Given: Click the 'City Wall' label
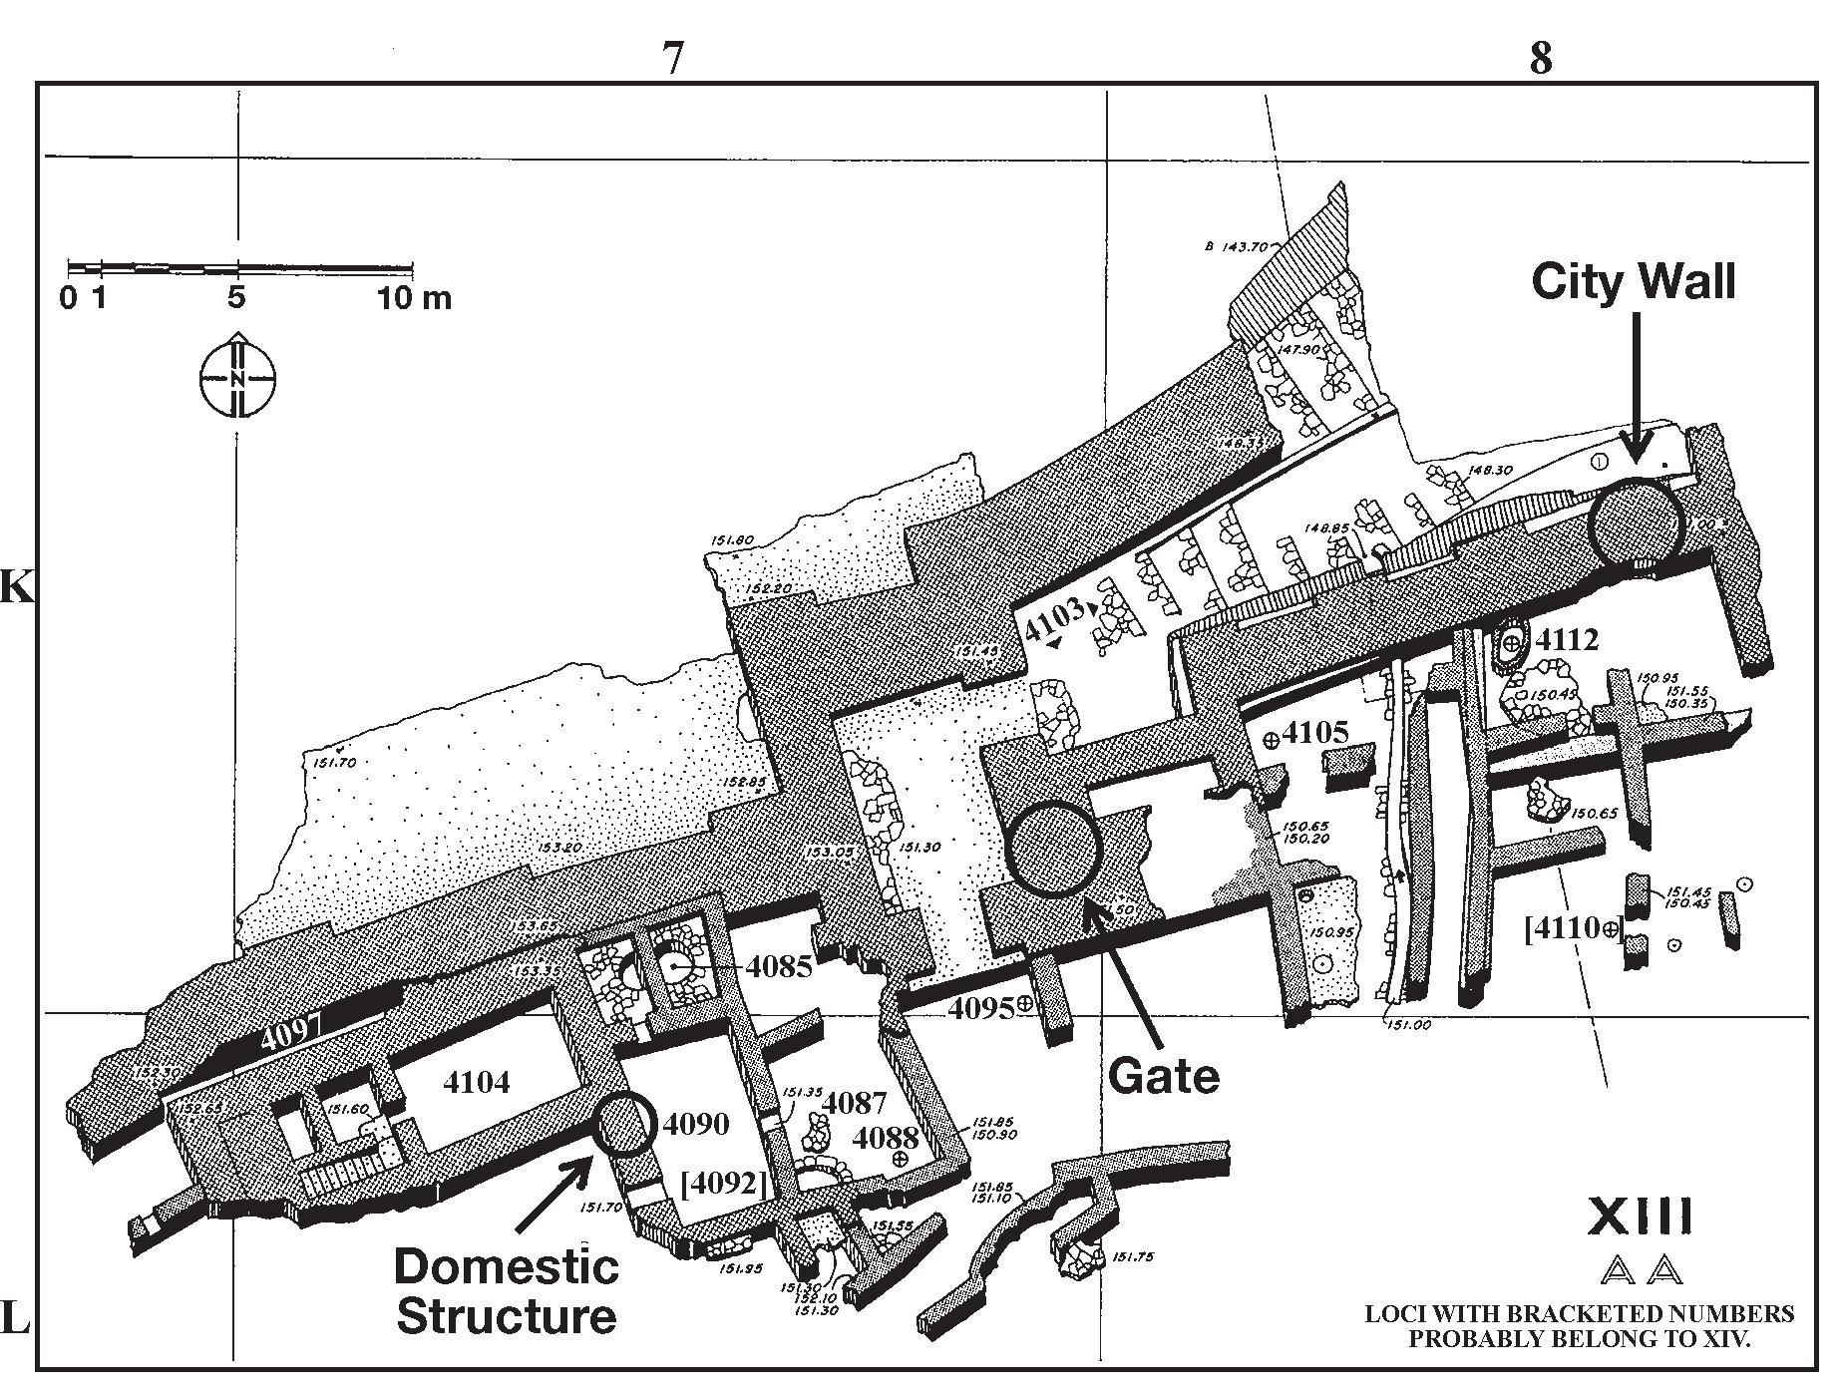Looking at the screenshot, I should [1633, 281].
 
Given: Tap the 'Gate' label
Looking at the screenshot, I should [1164, 1076].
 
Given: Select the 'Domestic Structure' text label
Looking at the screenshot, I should [507, 1291].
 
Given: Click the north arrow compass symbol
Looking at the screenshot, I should [237, 378].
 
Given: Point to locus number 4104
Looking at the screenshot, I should [476, 1082].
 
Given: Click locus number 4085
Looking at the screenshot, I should [779, 966].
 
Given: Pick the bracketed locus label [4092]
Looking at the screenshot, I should [723, 1184].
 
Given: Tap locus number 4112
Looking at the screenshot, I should [1567, 640].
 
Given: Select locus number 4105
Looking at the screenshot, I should [1315, 733].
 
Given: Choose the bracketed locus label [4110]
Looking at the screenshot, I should [1573, 929].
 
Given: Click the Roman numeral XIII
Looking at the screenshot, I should [1640, 1217].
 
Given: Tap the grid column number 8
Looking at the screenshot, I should [1541, 59].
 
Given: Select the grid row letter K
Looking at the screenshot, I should [16, 588].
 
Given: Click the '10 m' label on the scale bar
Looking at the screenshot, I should [414, 297].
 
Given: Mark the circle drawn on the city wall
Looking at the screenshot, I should [1635, 523].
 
